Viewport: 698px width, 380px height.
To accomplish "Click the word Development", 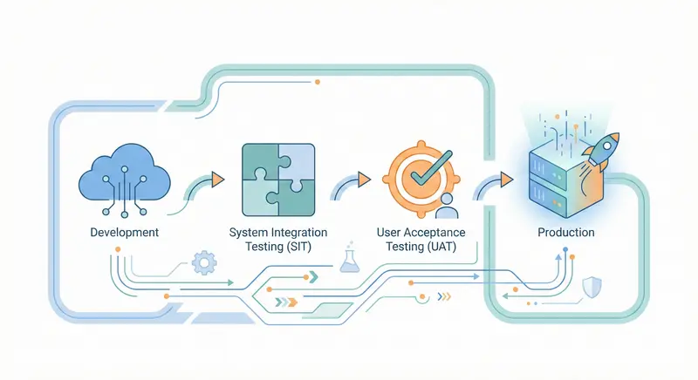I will [124, 233].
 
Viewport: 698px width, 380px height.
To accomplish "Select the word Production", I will [566, 233].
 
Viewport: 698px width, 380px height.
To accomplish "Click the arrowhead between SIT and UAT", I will [363, 180].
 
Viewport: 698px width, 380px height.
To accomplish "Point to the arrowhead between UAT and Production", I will [505, 180].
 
